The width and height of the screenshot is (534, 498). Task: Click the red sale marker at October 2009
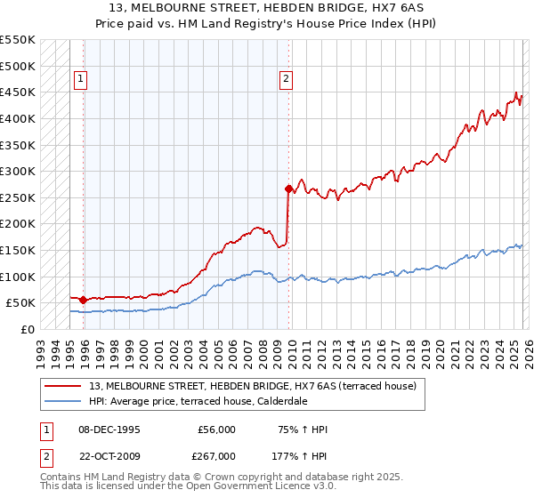(x=288, y=189)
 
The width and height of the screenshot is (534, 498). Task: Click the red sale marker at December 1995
(x=84, y=300)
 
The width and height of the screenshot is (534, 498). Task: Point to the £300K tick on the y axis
(x=18, y=171)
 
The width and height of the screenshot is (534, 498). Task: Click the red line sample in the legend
(x=62, y=387)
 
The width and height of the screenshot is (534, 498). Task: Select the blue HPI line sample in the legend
(x=62, y=401)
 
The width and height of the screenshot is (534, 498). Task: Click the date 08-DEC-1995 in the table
(x=109, y=430)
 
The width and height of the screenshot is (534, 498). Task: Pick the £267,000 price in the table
(x=216, y=455)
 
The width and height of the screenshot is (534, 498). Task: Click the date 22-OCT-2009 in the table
(x=109, y=455)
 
